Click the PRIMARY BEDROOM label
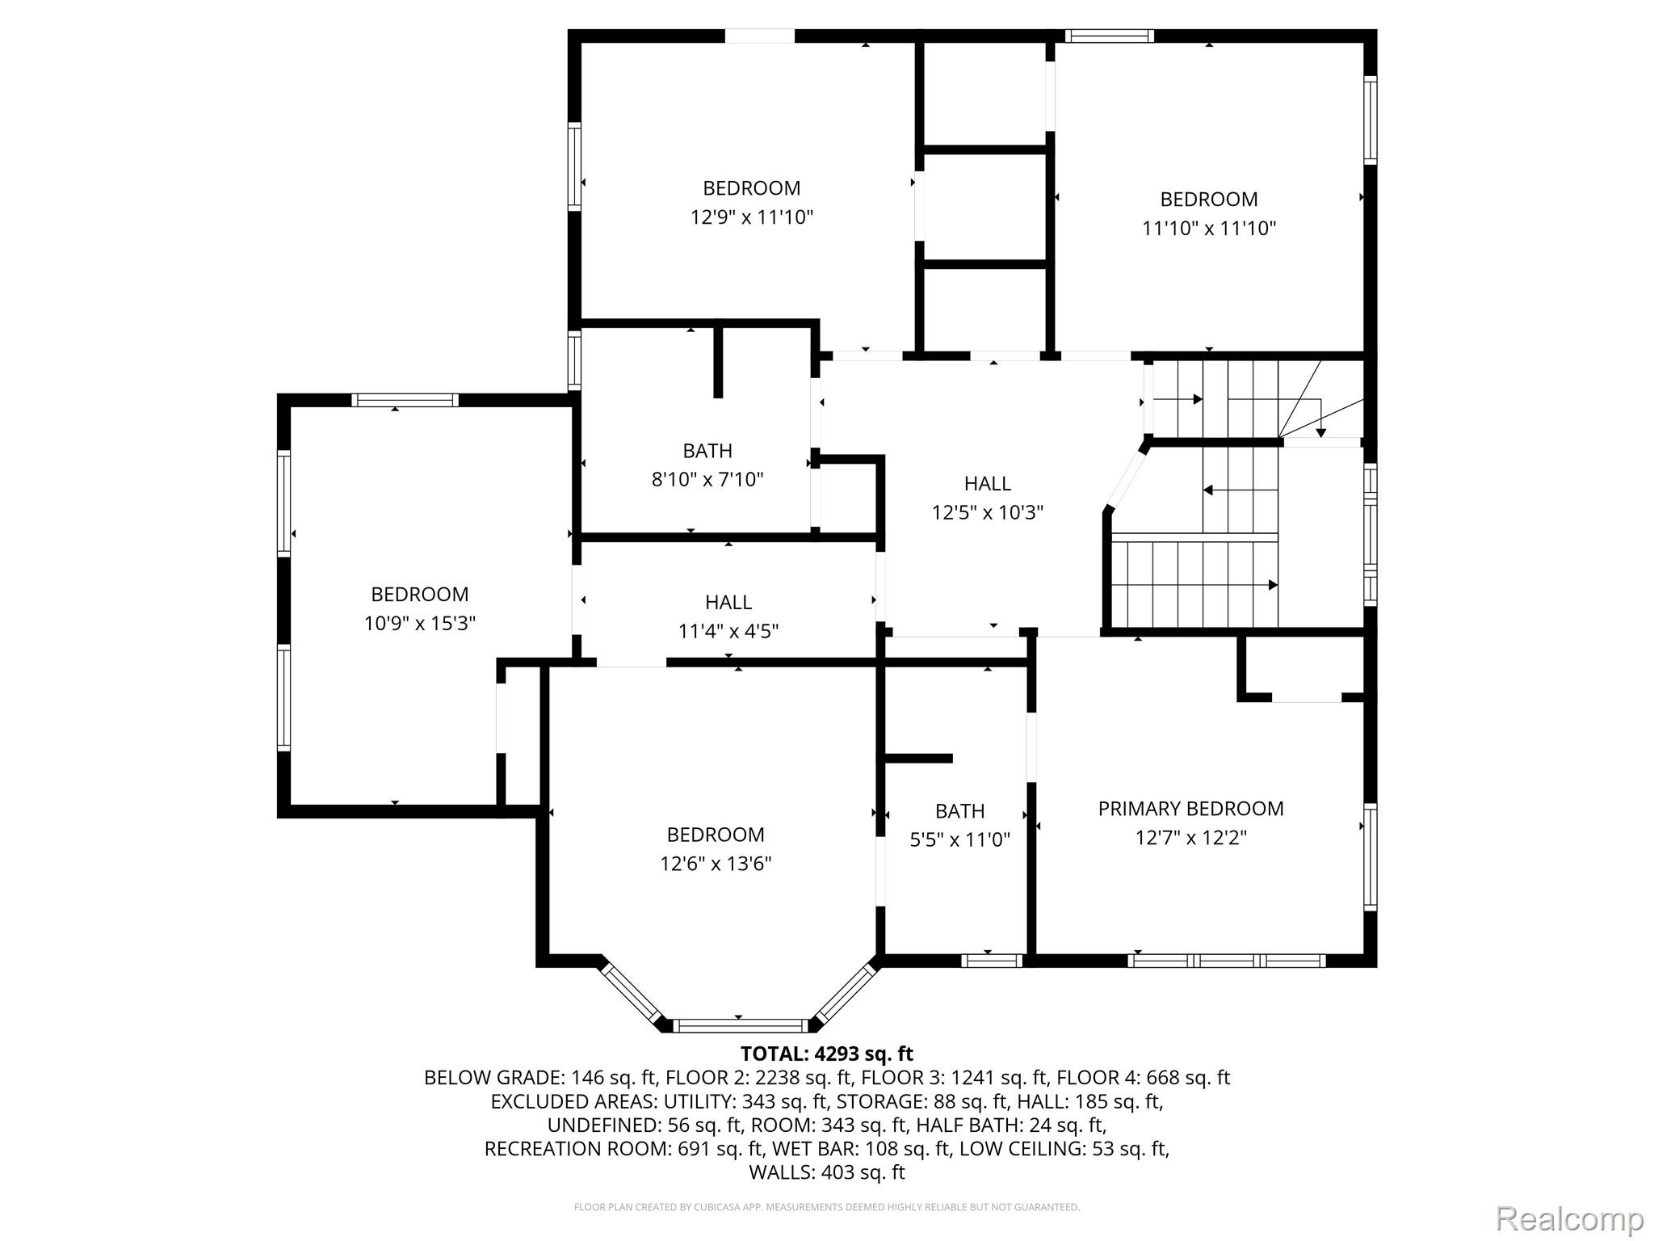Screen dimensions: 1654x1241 click(1190, 809)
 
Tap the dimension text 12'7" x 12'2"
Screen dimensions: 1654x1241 click(1191, 838)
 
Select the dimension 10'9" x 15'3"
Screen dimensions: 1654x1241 click(420, 624)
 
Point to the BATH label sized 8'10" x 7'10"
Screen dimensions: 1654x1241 click(707, 451)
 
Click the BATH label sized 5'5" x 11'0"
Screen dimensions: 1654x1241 click(960, 811)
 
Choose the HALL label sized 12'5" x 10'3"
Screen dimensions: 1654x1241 click(988, 484)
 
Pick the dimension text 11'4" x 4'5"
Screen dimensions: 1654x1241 click(728, 631)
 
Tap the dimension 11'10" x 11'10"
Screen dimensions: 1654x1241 click(1209, 229)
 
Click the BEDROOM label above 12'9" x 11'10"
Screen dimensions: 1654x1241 click(752, 188)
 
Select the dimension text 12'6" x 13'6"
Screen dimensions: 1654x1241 click(716, 864)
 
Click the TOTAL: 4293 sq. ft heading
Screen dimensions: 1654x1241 click(827, 1054)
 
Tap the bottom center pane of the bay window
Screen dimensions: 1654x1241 click(740, 1026)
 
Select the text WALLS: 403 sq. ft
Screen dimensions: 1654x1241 click(827, 1172)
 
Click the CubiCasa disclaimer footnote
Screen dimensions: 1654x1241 click(827, 1207)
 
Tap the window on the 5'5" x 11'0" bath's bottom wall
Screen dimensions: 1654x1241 click(993, 961)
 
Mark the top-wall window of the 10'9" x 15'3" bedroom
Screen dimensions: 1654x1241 click(405, 400)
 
